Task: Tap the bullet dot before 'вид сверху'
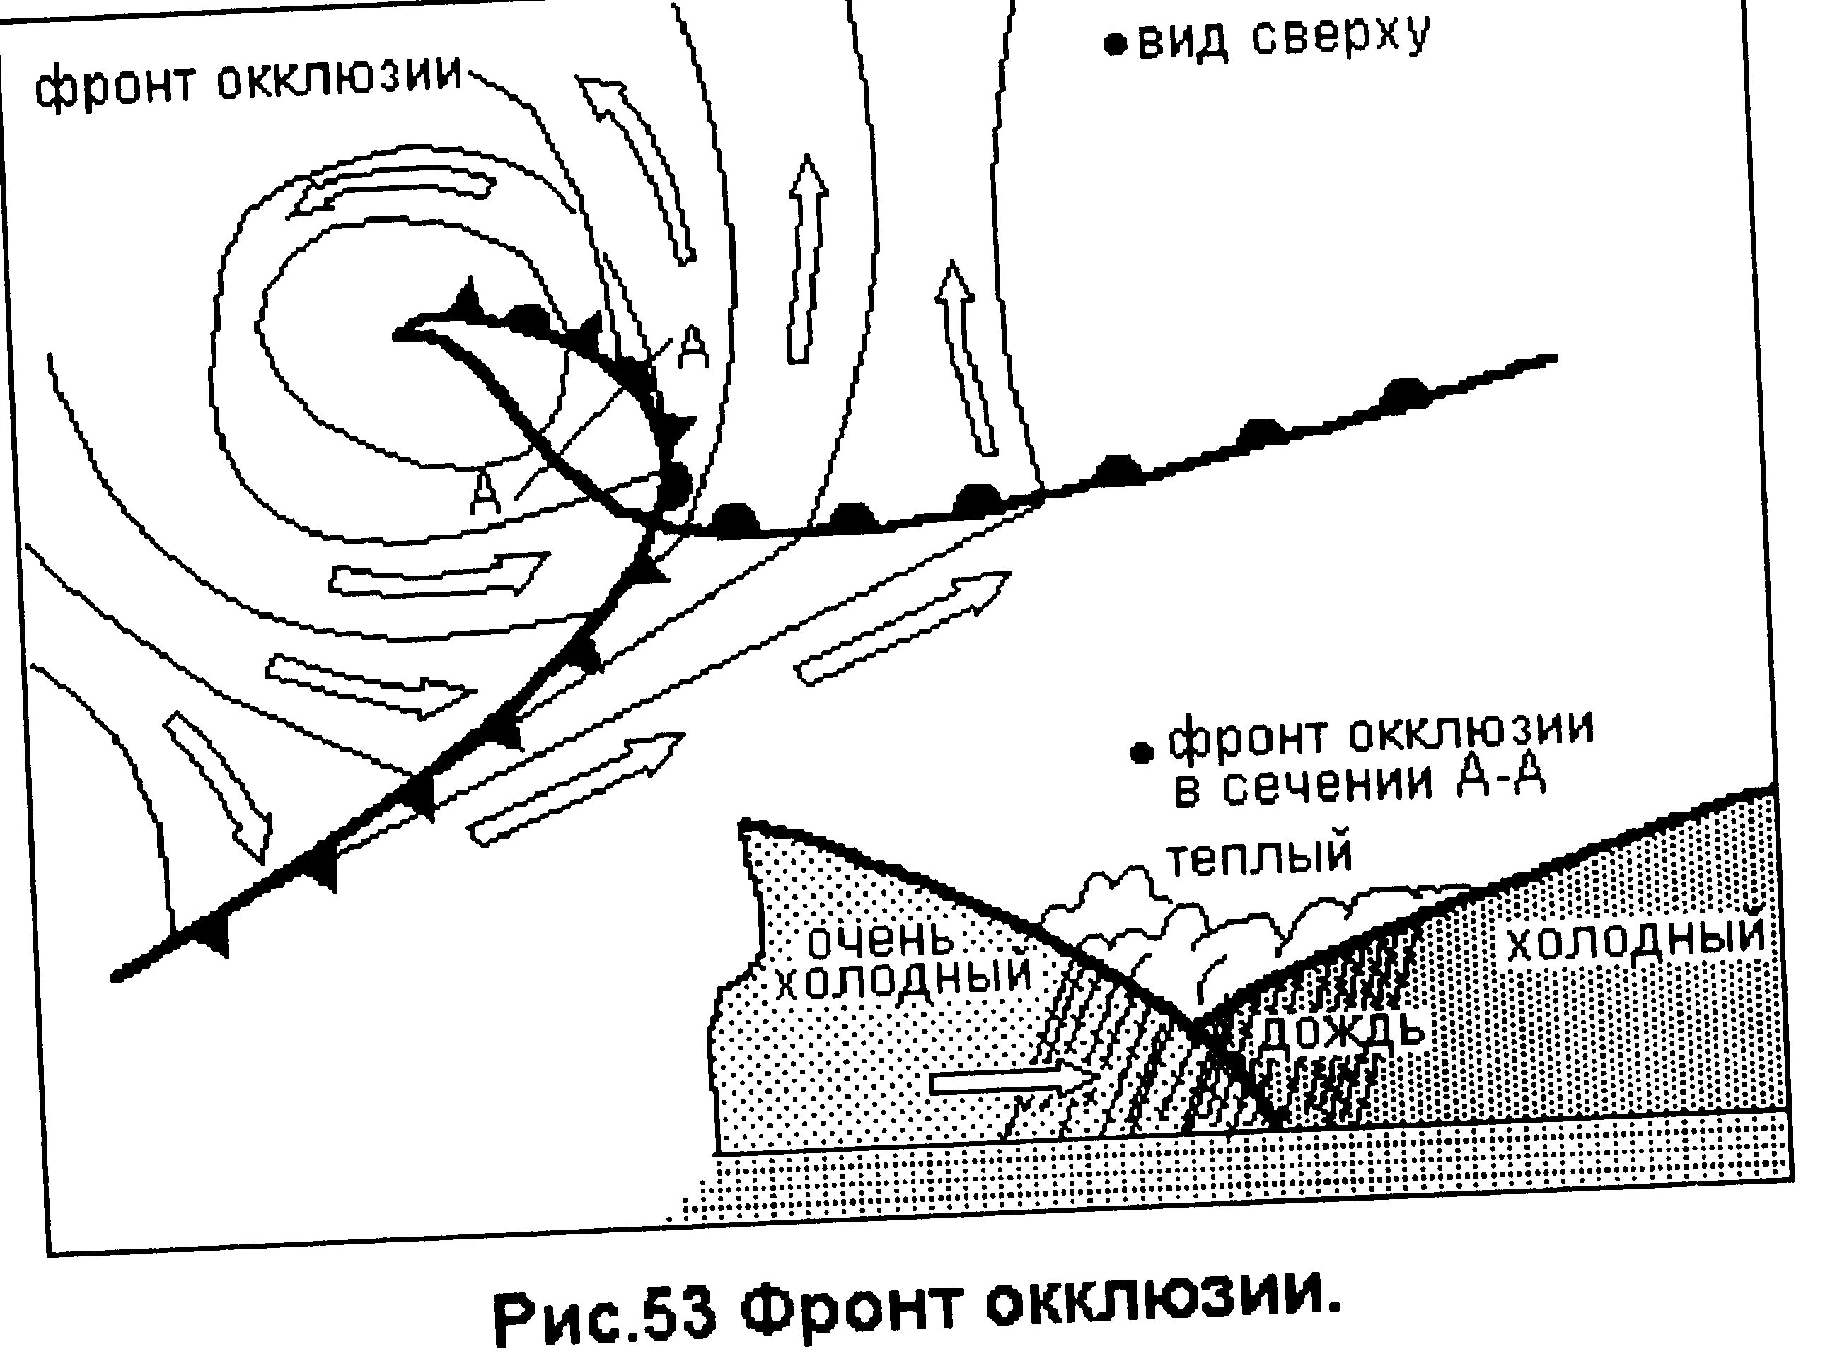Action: [x=1116, y=46]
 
